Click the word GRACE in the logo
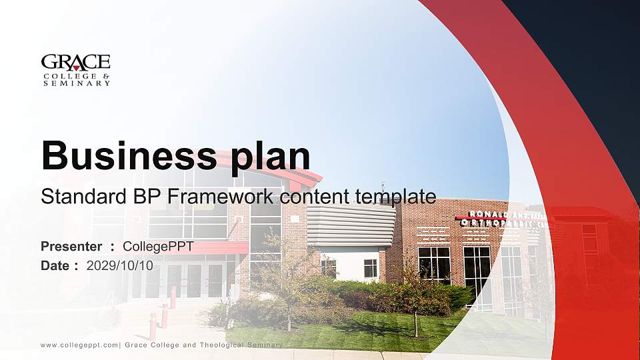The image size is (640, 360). (x=75, y=62)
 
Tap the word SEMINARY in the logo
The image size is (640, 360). (x=75, y=83)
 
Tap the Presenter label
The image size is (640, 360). (x=71, y=247)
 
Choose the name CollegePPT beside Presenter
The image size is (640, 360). (x=158, y=247)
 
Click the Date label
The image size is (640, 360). (x=57, y=265)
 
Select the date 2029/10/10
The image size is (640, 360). (x=120, y=265)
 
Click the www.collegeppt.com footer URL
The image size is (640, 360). (x=79, y=345)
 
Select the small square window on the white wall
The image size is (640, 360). (x=370, y=268)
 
